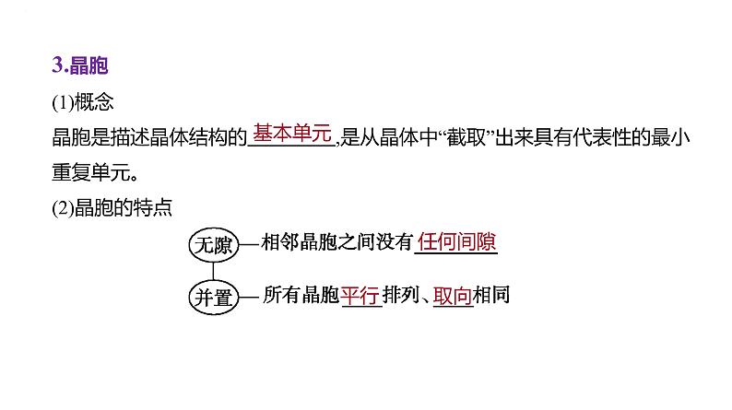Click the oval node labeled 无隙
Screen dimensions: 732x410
click(x=213, y=244)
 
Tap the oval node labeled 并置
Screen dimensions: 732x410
click(x=213, y=297)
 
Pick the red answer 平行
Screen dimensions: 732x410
click(x=360, y=296)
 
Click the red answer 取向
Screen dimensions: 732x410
click(x=453, y=296)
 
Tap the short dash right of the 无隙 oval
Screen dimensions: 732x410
click(x=249, y=244)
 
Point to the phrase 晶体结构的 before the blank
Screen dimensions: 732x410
click(x=201, y=137)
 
